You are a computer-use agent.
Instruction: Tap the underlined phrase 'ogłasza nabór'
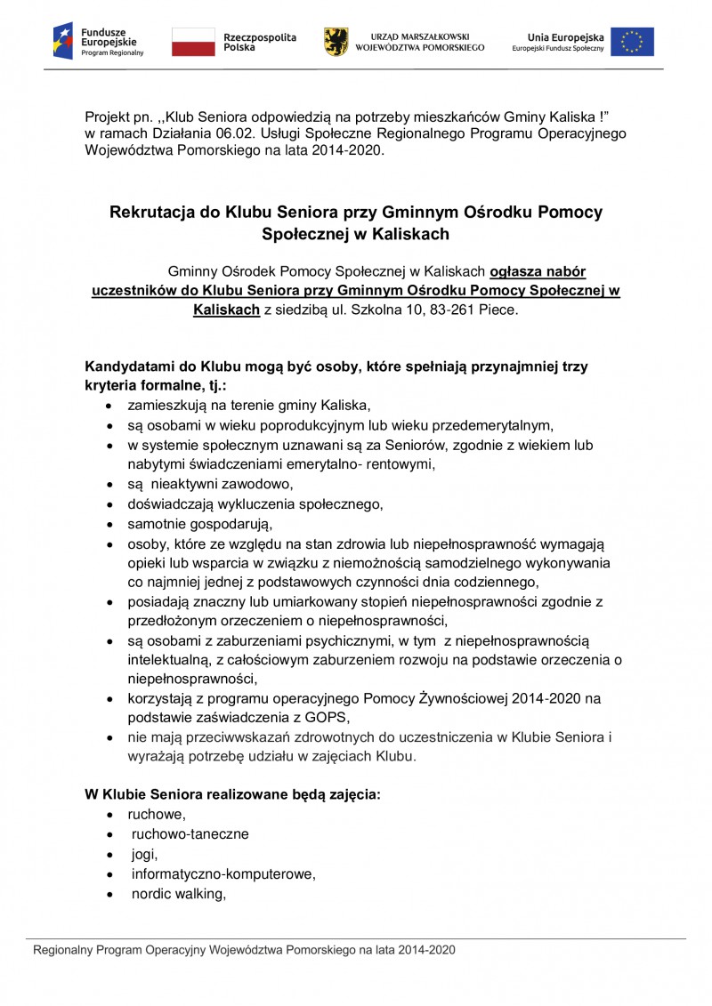(x=538, y=270)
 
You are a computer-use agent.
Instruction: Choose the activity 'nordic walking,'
(x=178, y=893)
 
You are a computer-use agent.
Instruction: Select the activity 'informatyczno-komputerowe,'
(x=223, y=873)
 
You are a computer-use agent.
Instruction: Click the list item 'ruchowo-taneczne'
(x=190, y=834)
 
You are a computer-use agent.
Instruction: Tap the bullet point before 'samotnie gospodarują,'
(x=109, y=524)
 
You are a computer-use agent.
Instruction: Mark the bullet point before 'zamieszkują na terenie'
(x=109, y=406)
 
